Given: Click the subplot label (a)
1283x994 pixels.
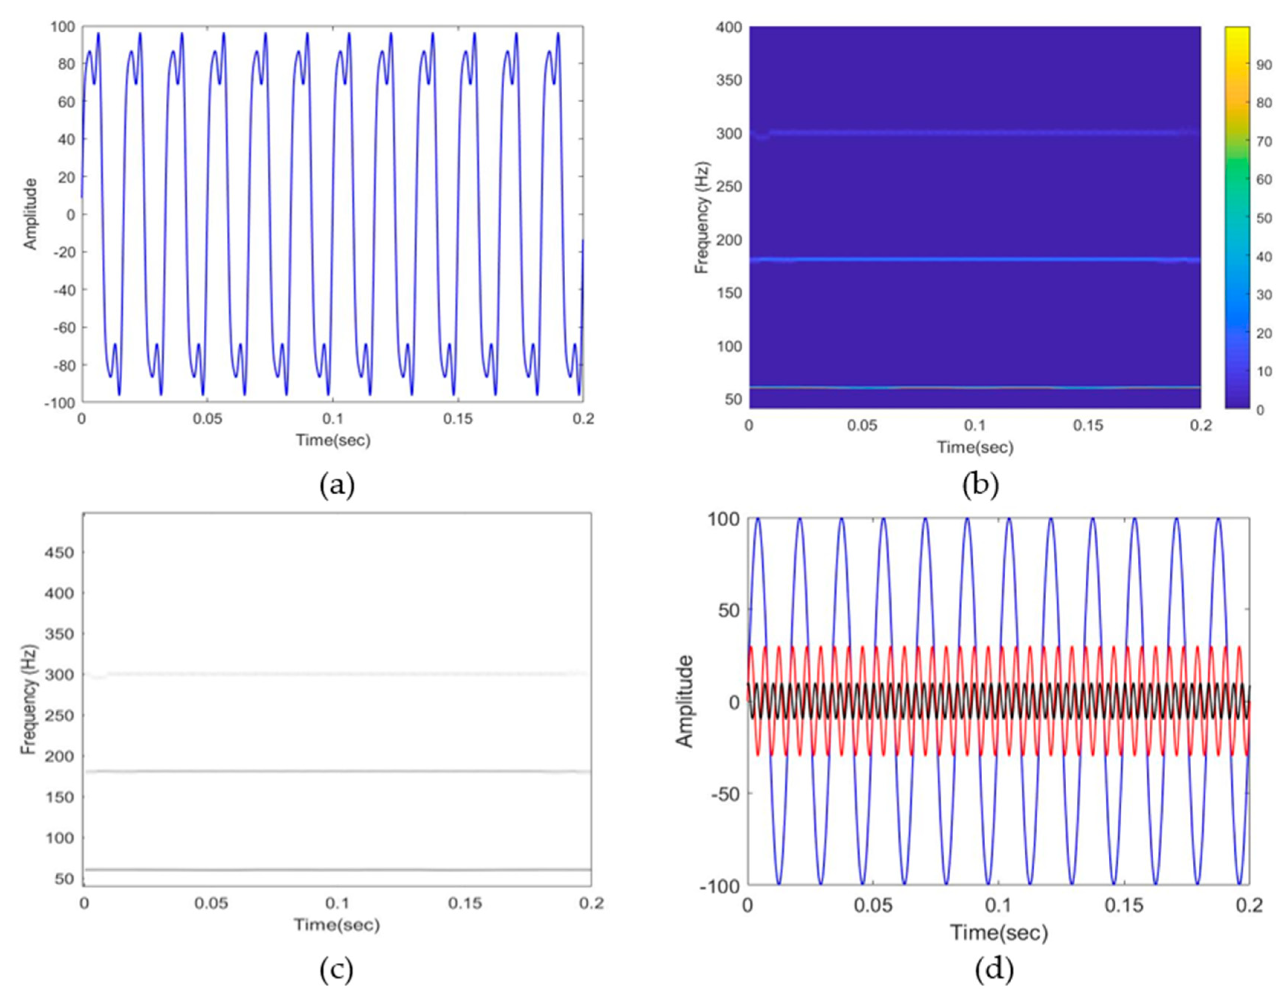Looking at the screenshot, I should click(337, 486).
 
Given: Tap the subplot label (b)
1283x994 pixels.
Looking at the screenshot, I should click(980, 486).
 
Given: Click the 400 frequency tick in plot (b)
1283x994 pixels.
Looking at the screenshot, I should click(729, 27).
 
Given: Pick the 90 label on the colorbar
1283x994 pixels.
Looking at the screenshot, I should click(1264, 65).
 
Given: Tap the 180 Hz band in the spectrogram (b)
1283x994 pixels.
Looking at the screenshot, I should click(975, 259).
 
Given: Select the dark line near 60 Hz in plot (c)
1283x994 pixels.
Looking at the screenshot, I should click(338, 869).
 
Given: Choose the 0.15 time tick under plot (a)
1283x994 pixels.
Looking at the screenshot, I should click(458, 419).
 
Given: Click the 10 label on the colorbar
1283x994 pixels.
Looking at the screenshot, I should click(1264, 371).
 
